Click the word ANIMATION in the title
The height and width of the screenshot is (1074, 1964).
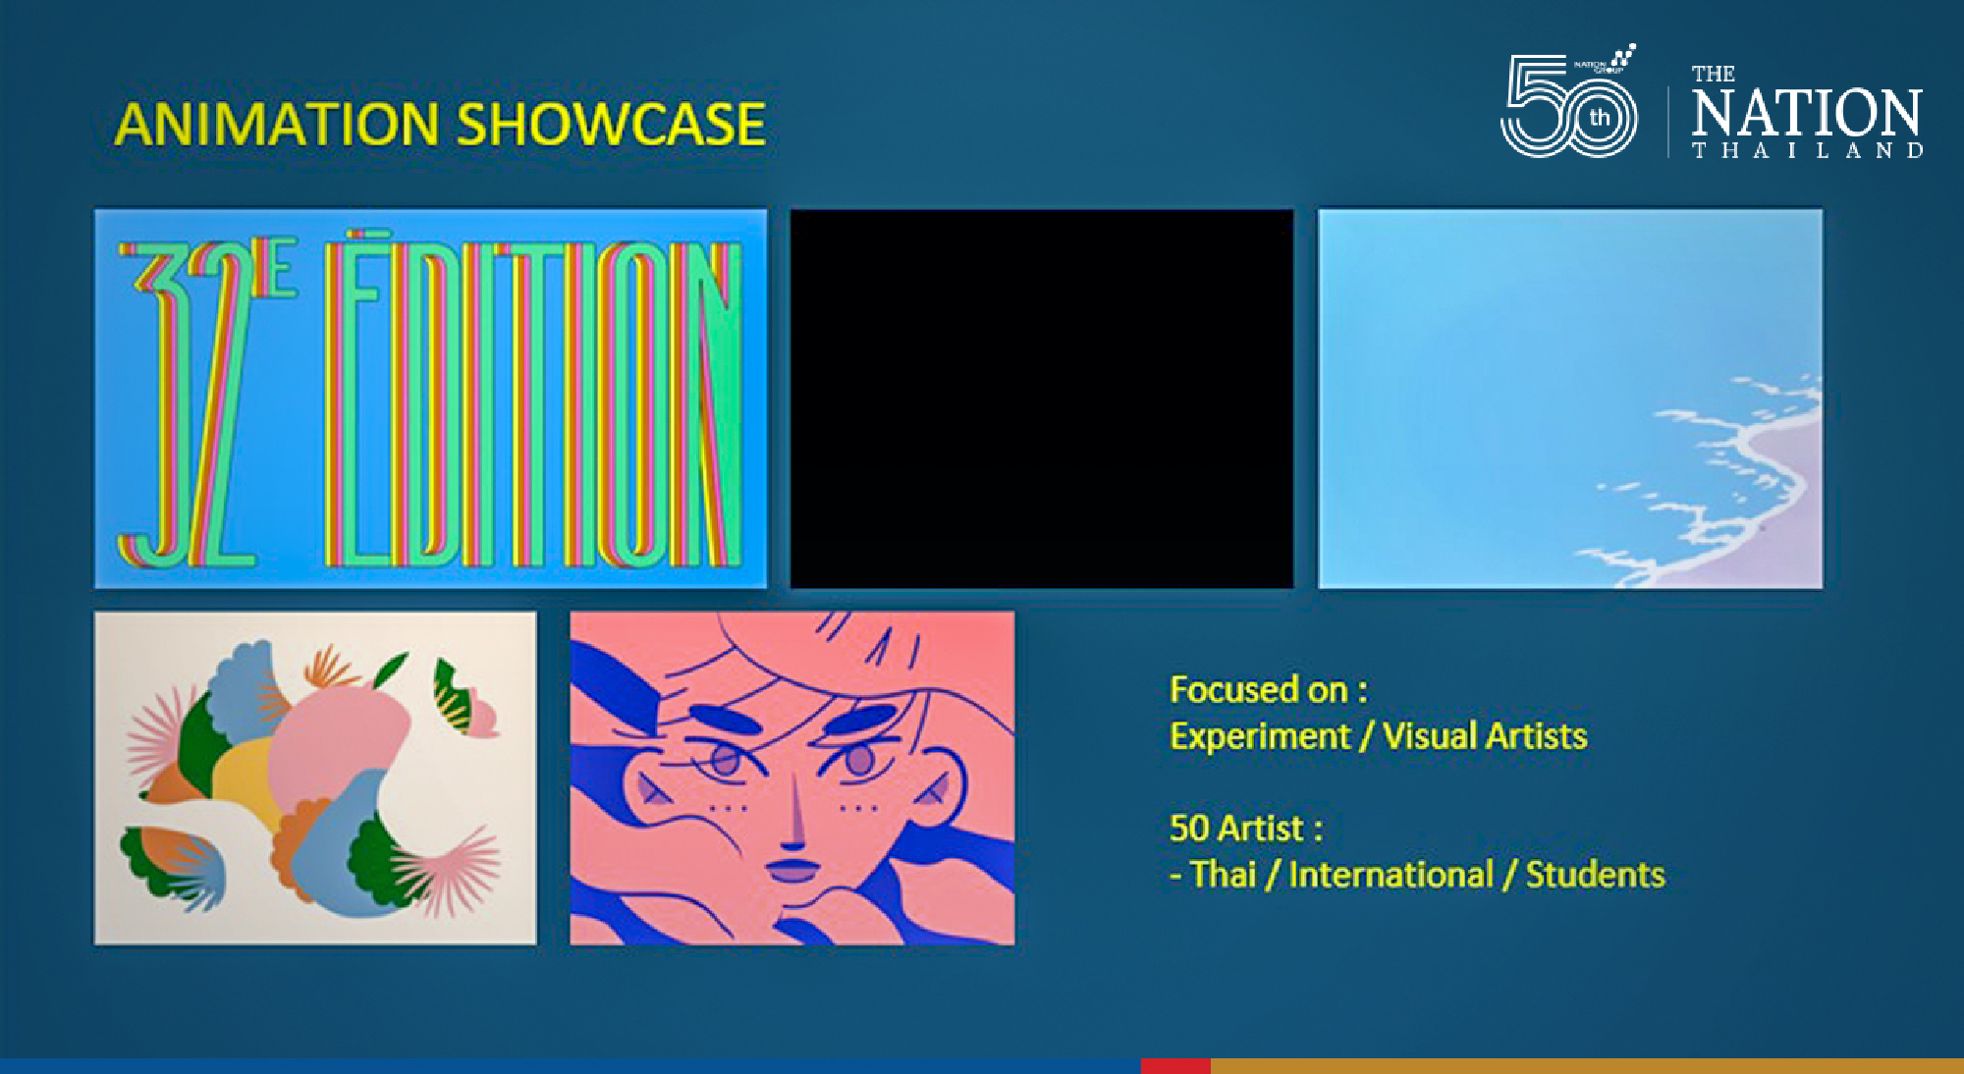[277, 125]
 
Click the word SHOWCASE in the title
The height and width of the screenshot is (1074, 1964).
[611, 125]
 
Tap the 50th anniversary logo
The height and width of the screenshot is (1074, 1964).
[1569, 102]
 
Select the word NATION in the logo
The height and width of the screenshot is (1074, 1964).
[1806, 113]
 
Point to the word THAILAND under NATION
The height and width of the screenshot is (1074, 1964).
[1807, 150]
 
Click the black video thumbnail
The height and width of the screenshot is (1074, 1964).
[1042, 399]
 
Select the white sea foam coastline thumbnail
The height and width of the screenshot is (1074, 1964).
[1570, 399]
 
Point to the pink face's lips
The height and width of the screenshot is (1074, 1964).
[791, 871]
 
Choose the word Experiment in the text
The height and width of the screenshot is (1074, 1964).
[1260, 736]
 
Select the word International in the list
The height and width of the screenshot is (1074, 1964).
[1391, 874]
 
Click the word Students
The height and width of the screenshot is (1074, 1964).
[1596, 874]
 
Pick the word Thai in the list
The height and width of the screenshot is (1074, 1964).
[1223, 874]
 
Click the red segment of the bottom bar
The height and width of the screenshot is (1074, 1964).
[1175, 1066]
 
